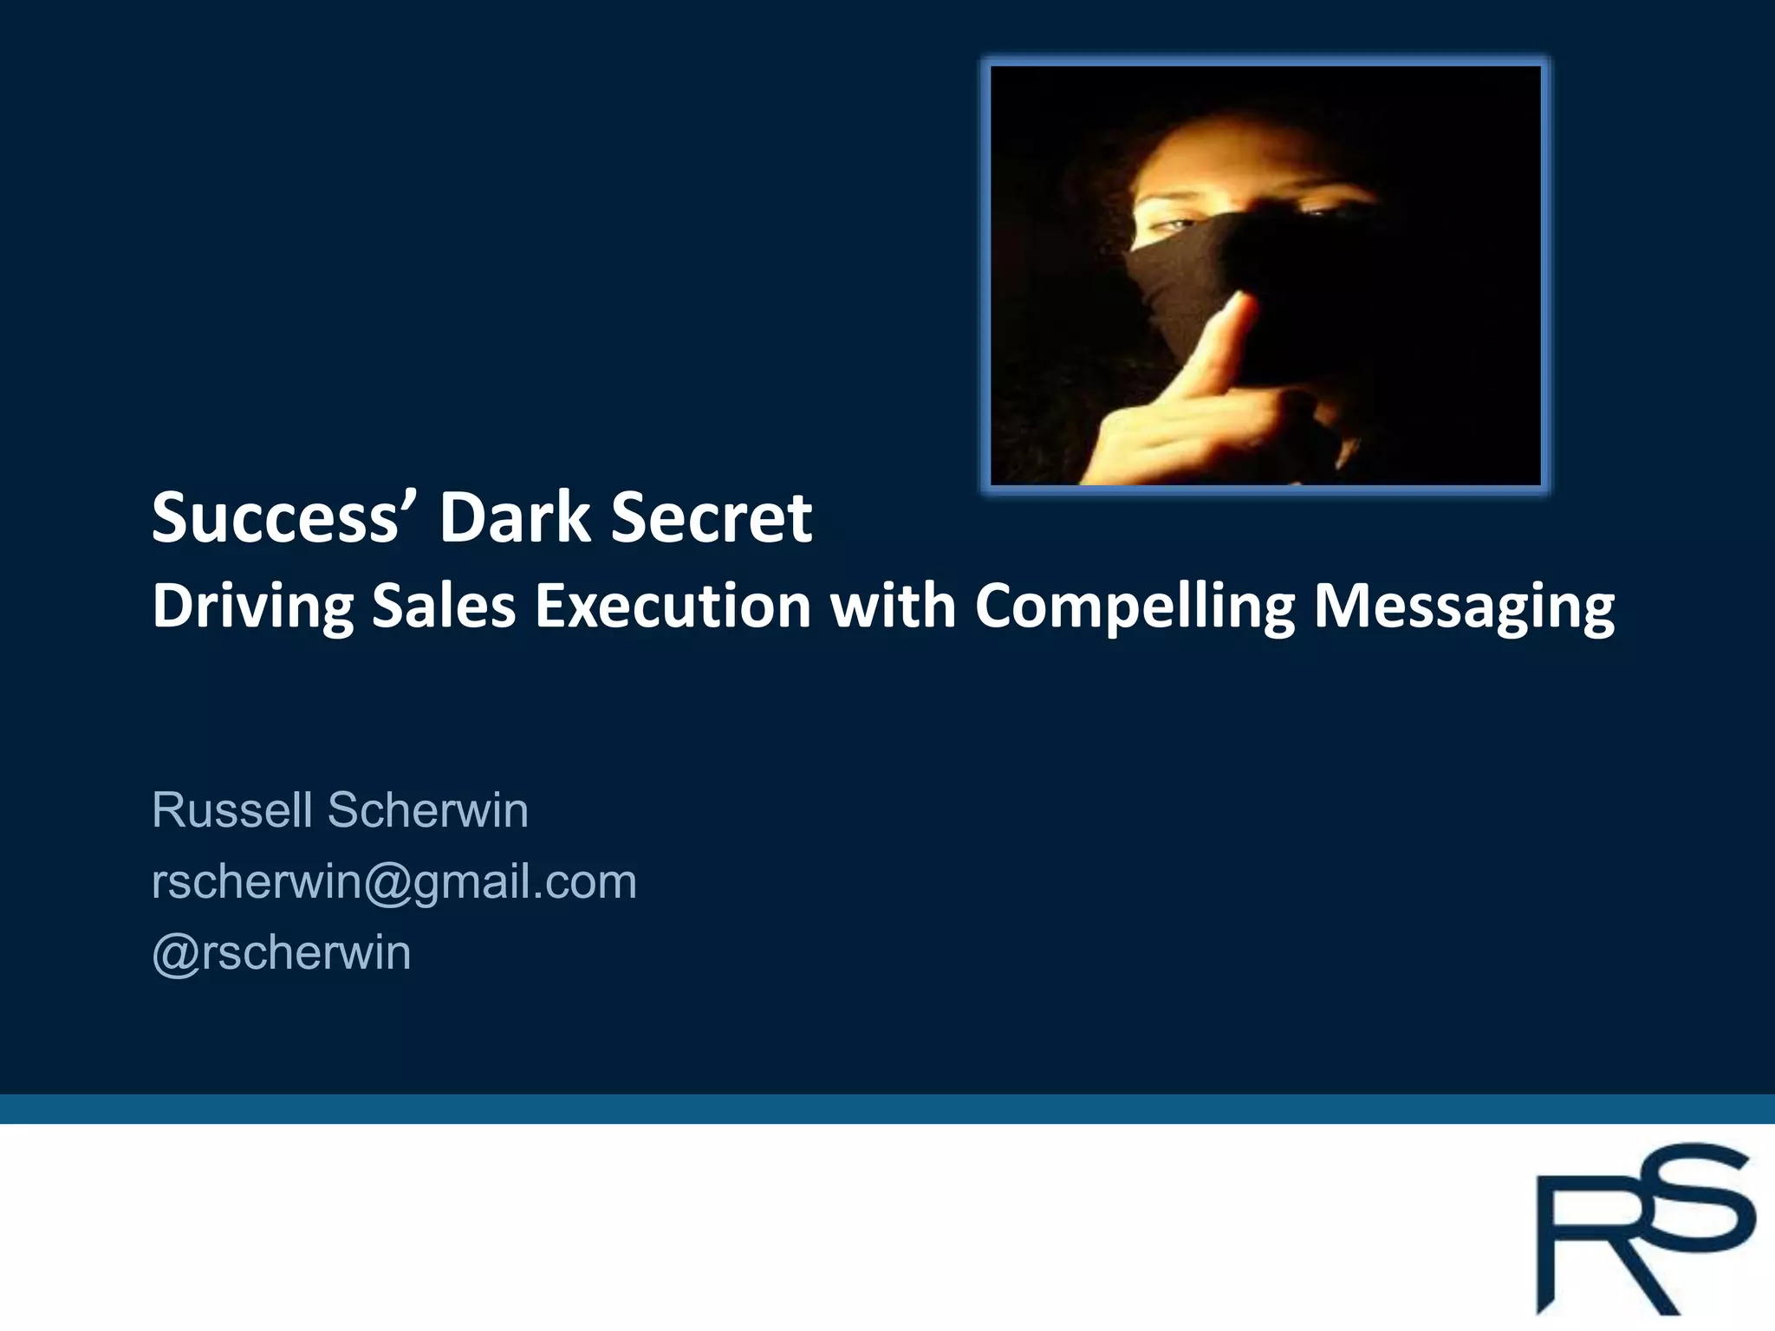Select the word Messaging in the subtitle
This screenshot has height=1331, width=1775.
(x=1464, y=607)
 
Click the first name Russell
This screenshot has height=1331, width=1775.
(x=231, y=810)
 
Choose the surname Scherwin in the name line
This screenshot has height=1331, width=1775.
(x=427, y=810)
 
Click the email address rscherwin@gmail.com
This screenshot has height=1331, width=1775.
(x=394, y=882)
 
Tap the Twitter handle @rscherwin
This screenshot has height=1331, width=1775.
(x=282, y=953)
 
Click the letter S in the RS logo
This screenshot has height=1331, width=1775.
(x=1694, y=1200)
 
